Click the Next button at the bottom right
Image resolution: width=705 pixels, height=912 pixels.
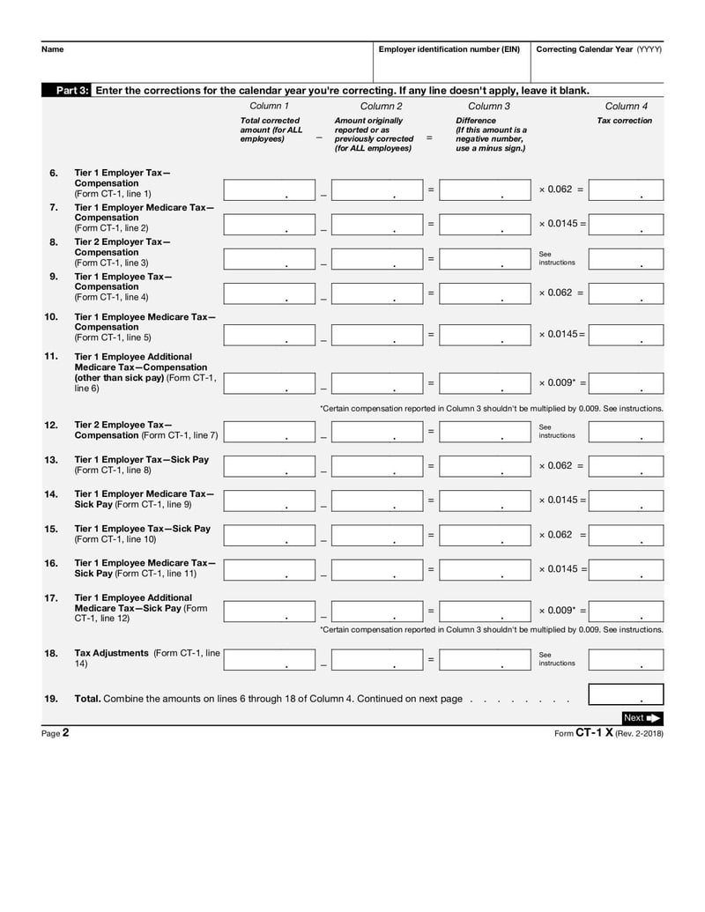coord(641,717)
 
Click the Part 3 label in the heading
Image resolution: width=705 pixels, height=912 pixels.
coord(72,91)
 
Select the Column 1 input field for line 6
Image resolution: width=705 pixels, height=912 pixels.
coord(269,189)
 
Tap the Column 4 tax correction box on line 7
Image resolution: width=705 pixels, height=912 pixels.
coord(626,224)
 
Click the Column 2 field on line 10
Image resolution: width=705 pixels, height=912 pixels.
coord(377,335)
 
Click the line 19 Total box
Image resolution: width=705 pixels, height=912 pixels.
coord(626,694)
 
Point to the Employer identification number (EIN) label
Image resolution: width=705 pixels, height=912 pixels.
coord(449,49)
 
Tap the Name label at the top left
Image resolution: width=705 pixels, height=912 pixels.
coord(52,49)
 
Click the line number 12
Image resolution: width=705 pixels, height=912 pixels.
coord(51,425)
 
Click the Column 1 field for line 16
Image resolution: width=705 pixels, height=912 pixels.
coord(269,569)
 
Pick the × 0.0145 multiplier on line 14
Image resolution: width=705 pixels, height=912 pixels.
coord(562,500)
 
